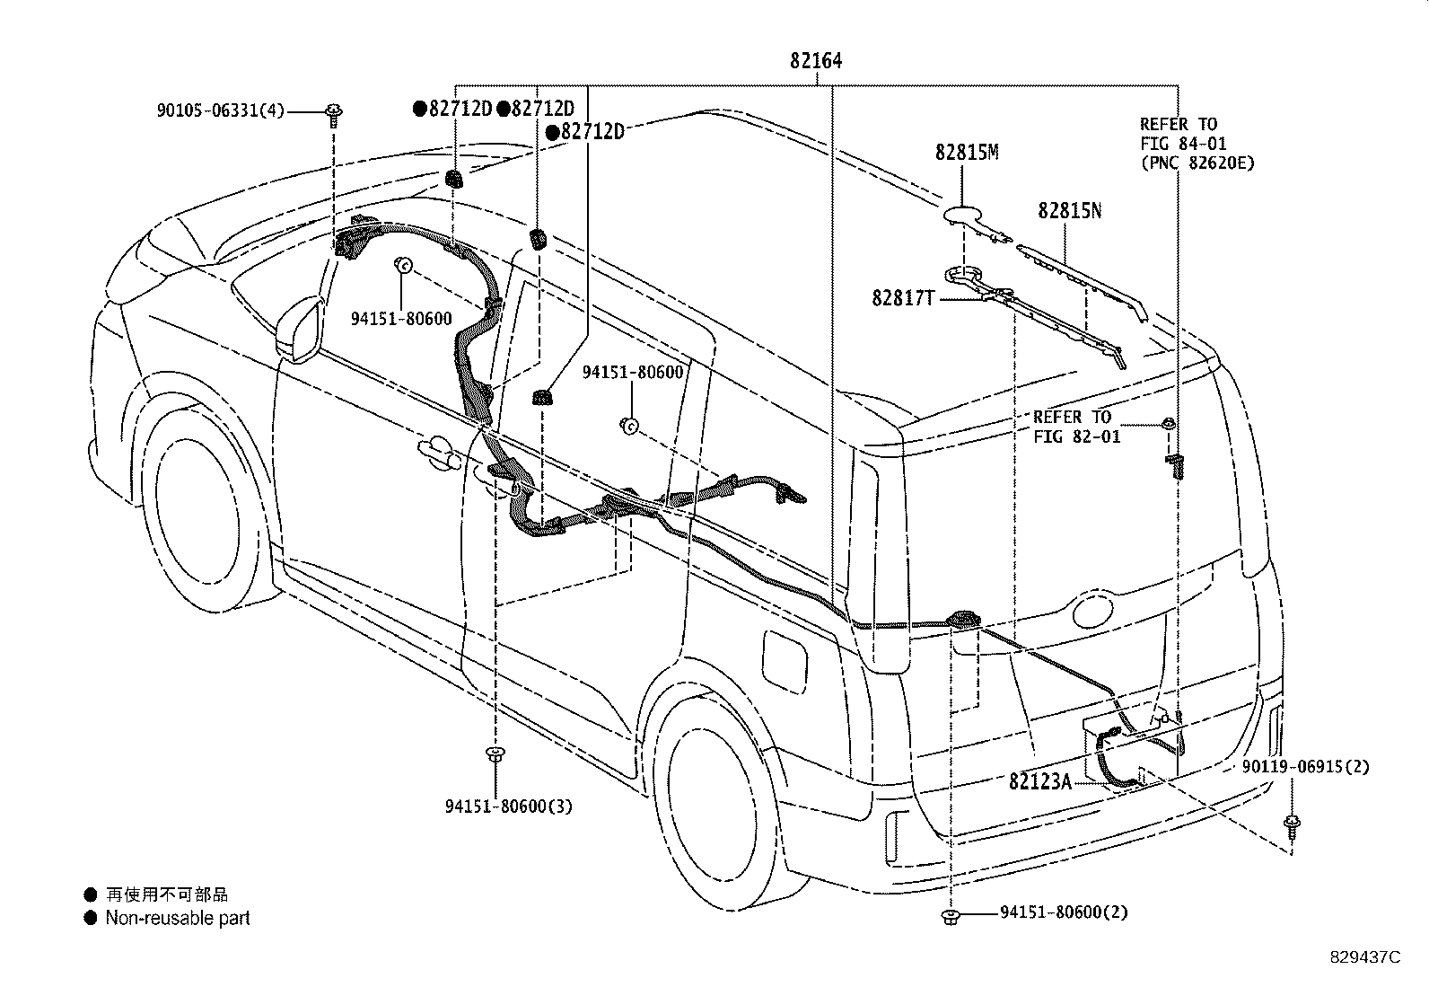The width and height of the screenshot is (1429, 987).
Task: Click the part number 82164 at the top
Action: (x=816, y=61)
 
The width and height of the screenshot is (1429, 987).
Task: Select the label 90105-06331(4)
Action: (x=221, y=110)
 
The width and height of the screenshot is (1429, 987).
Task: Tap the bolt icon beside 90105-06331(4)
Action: (x=333, y=116)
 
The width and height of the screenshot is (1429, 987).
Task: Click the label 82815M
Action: (x=967, y=153)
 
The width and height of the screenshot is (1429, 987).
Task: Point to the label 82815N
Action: (x=1069, y=211)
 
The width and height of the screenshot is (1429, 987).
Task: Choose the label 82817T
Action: (x=903, y=297)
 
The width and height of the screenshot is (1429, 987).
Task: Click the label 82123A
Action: (x=1039, y=780)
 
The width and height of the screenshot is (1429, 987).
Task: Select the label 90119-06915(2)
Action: (x=1305, y=766)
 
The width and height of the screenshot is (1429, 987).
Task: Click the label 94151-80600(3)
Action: (x=509, y=806)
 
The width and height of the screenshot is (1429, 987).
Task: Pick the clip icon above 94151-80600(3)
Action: (x=495, y=754)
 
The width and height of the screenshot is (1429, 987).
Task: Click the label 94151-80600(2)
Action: (x=1064, y=912)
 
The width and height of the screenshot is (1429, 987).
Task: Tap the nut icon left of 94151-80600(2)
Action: (x=951, y=918)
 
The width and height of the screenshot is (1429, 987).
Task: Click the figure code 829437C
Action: (x=1365, y=957)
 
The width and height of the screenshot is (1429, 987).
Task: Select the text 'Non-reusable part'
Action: (x=178, y=918)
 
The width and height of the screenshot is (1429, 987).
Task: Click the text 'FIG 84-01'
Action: (x=1183, y=144)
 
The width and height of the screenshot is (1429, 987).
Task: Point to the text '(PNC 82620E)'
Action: (x=1197, y=163)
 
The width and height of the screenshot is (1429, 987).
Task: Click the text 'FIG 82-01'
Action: (x=1077, y=436)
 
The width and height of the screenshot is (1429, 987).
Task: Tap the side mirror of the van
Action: (x=299, y=330)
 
